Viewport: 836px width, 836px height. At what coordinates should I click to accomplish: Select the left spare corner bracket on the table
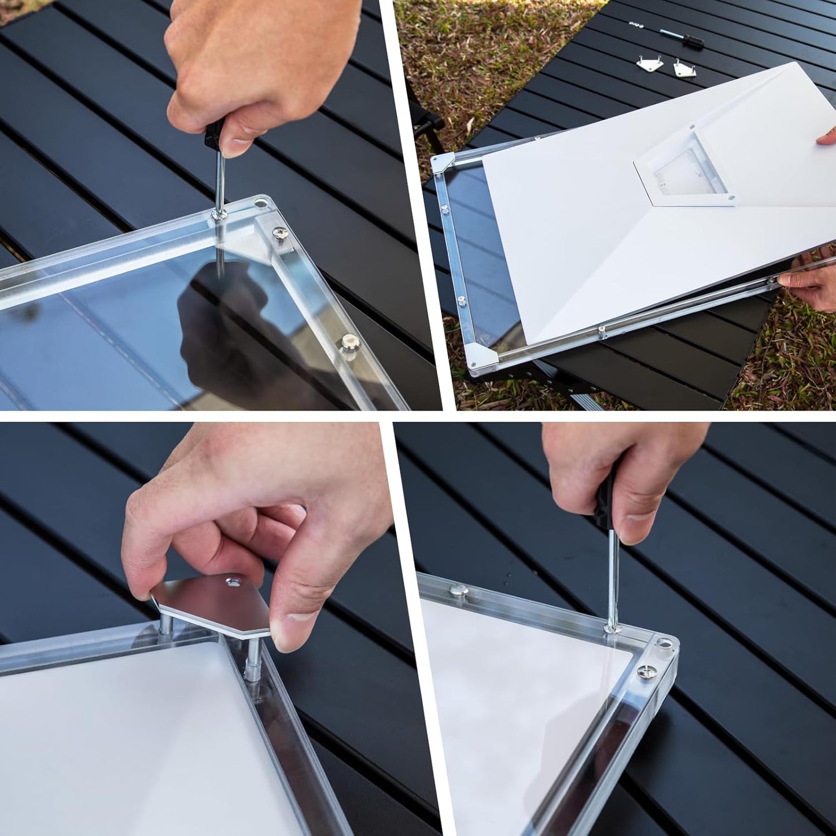coord(650,64)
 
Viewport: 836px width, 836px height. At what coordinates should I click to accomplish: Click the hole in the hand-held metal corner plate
coord(234,580)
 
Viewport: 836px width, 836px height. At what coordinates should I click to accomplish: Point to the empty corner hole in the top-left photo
coord(261,204)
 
